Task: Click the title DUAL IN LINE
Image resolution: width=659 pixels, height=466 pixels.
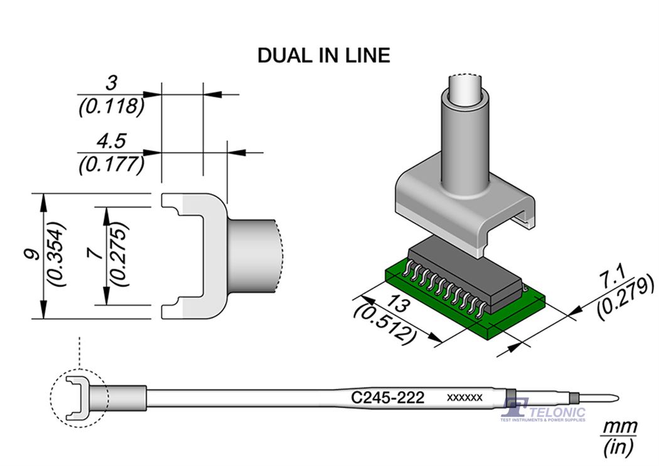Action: coord(323,55)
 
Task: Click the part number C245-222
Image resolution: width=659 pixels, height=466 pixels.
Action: coord(388,398)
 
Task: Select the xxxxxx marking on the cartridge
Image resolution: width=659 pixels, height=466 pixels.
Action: coord(464,398)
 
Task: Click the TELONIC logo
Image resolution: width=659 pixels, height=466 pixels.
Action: coord(544,411)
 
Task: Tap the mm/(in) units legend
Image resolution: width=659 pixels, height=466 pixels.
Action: coord(619,438)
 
